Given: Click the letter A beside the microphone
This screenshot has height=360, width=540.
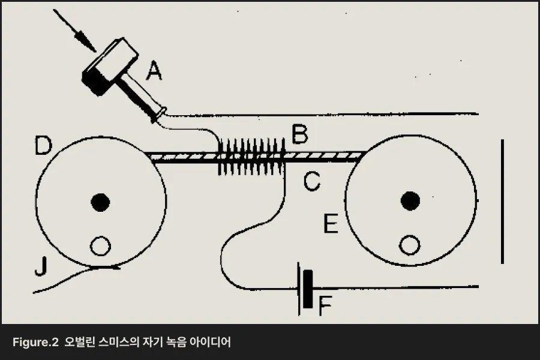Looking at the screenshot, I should click(x=154, y=71).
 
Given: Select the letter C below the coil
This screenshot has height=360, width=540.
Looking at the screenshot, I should click(x=311, y=182).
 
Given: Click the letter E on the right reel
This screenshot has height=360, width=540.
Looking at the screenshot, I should click(x=331, y=224).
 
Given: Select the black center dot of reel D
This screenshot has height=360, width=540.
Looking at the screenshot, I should click(x=100, y=202).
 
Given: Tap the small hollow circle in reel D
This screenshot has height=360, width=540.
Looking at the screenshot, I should click(x=100, y=245).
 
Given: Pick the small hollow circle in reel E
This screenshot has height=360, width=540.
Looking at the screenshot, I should click(x=410, y=245).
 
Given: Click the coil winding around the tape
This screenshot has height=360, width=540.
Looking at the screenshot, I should click(x=251, y=157).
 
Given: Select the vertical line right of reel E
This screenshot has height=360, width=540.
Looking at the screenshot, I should click(x=502, y=202).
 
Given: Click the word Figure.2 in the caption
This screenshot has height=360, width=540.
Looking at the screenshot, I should click(x=35, y=343).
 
